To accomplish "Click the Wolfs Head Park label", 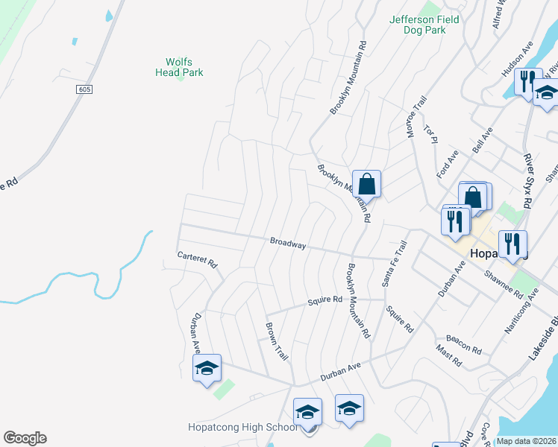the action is coord(179,67).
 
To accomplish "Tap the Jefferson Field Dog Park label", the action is coord(418,25).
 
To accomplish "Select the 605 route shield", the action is coord(84,89).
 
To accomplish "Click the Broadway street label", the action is coord(288,243).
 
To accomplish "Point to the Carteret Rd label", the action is coord(197,259).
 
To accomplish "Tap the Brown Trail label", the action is coord(277,342).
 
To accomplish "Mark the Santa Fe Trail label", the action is coord(395,264).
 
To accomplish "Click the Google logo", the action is coord(25,438).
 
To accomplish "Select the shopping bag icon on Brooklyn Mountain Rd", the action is coord(367,183).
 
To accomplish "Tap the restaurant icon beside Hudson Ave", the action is coord(527,82).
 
